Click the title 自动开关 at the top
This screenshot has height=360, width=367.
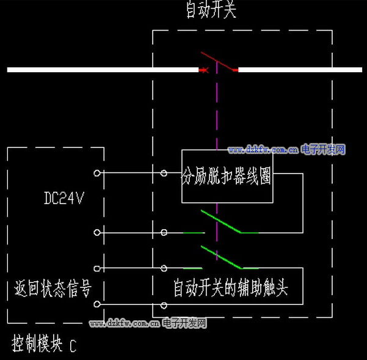[x=211, y=10]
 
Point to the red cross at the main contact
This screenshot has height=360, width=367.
[x=204, y=70]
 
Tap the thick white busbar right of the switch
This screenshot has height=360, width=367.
[x=299, y=70]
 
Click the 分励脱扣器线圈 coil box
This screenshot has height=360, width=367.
[x=227, y=177]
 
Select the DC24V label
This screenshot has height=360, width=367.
[x=63, y=198]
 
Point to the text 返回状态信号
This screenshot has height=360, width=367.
[x=53, y=287]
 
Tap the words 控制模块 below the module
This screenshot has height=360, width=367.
[x=37, y=345]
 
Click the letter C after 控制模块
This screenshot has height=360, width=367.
[x=73, y=347]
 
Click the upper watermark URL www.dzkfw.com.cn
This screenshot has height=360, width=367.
[x=263, y=150]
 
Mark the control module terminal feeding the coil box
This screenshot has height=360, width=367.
[x=96, y=173]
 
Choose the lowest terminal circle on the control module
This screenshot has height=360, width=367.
[x=96, y=304]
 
